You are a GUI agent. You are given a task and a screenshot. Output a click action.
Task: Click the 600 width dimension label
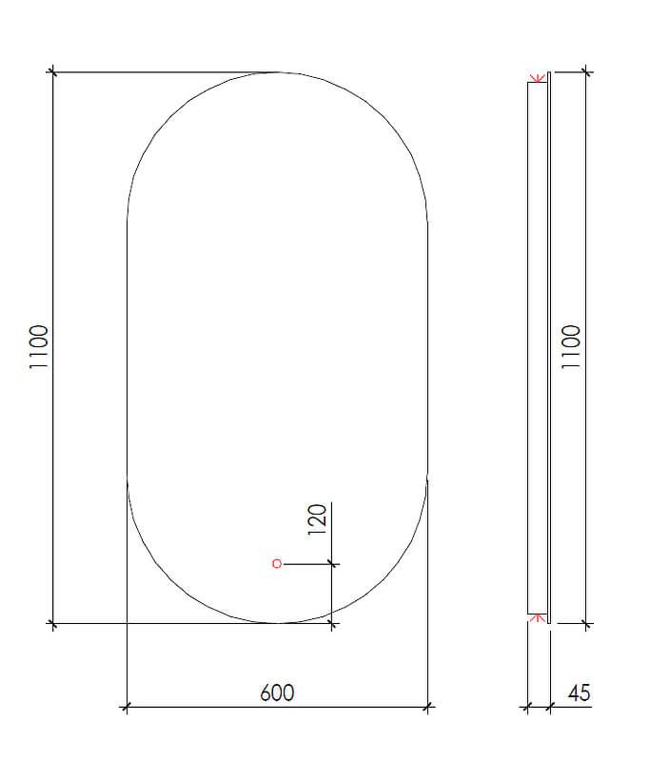(x=277, y=693)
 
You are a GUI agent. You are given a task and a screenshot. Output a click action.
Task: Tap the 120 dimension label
(x=317, y=519)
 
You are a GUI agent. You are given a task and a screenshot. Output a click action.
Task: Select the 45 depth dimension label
(x=580, y=693)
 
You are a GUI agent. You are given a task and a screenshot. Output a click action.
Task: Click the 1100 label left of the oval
(x=39, y=347)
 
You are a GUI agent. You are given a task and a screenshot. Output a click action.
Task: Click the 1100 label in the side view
(x=570, y=347)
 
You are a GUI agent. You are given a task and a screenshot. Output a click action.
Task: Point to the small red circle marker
(x=277, y=563)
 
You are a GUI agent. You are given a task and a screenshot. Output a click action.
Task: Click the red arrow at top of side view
(x=537, y=78)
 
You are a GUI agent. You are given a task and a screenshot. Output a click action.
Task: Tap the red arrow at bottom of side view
(x=537, y=617)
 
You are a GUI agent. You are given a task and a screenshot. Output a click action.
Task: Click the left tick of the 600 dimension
(x=127, y=707)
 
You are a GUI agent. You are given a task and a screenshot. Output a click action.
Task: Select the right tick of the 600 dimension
(x=427, y=707)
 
